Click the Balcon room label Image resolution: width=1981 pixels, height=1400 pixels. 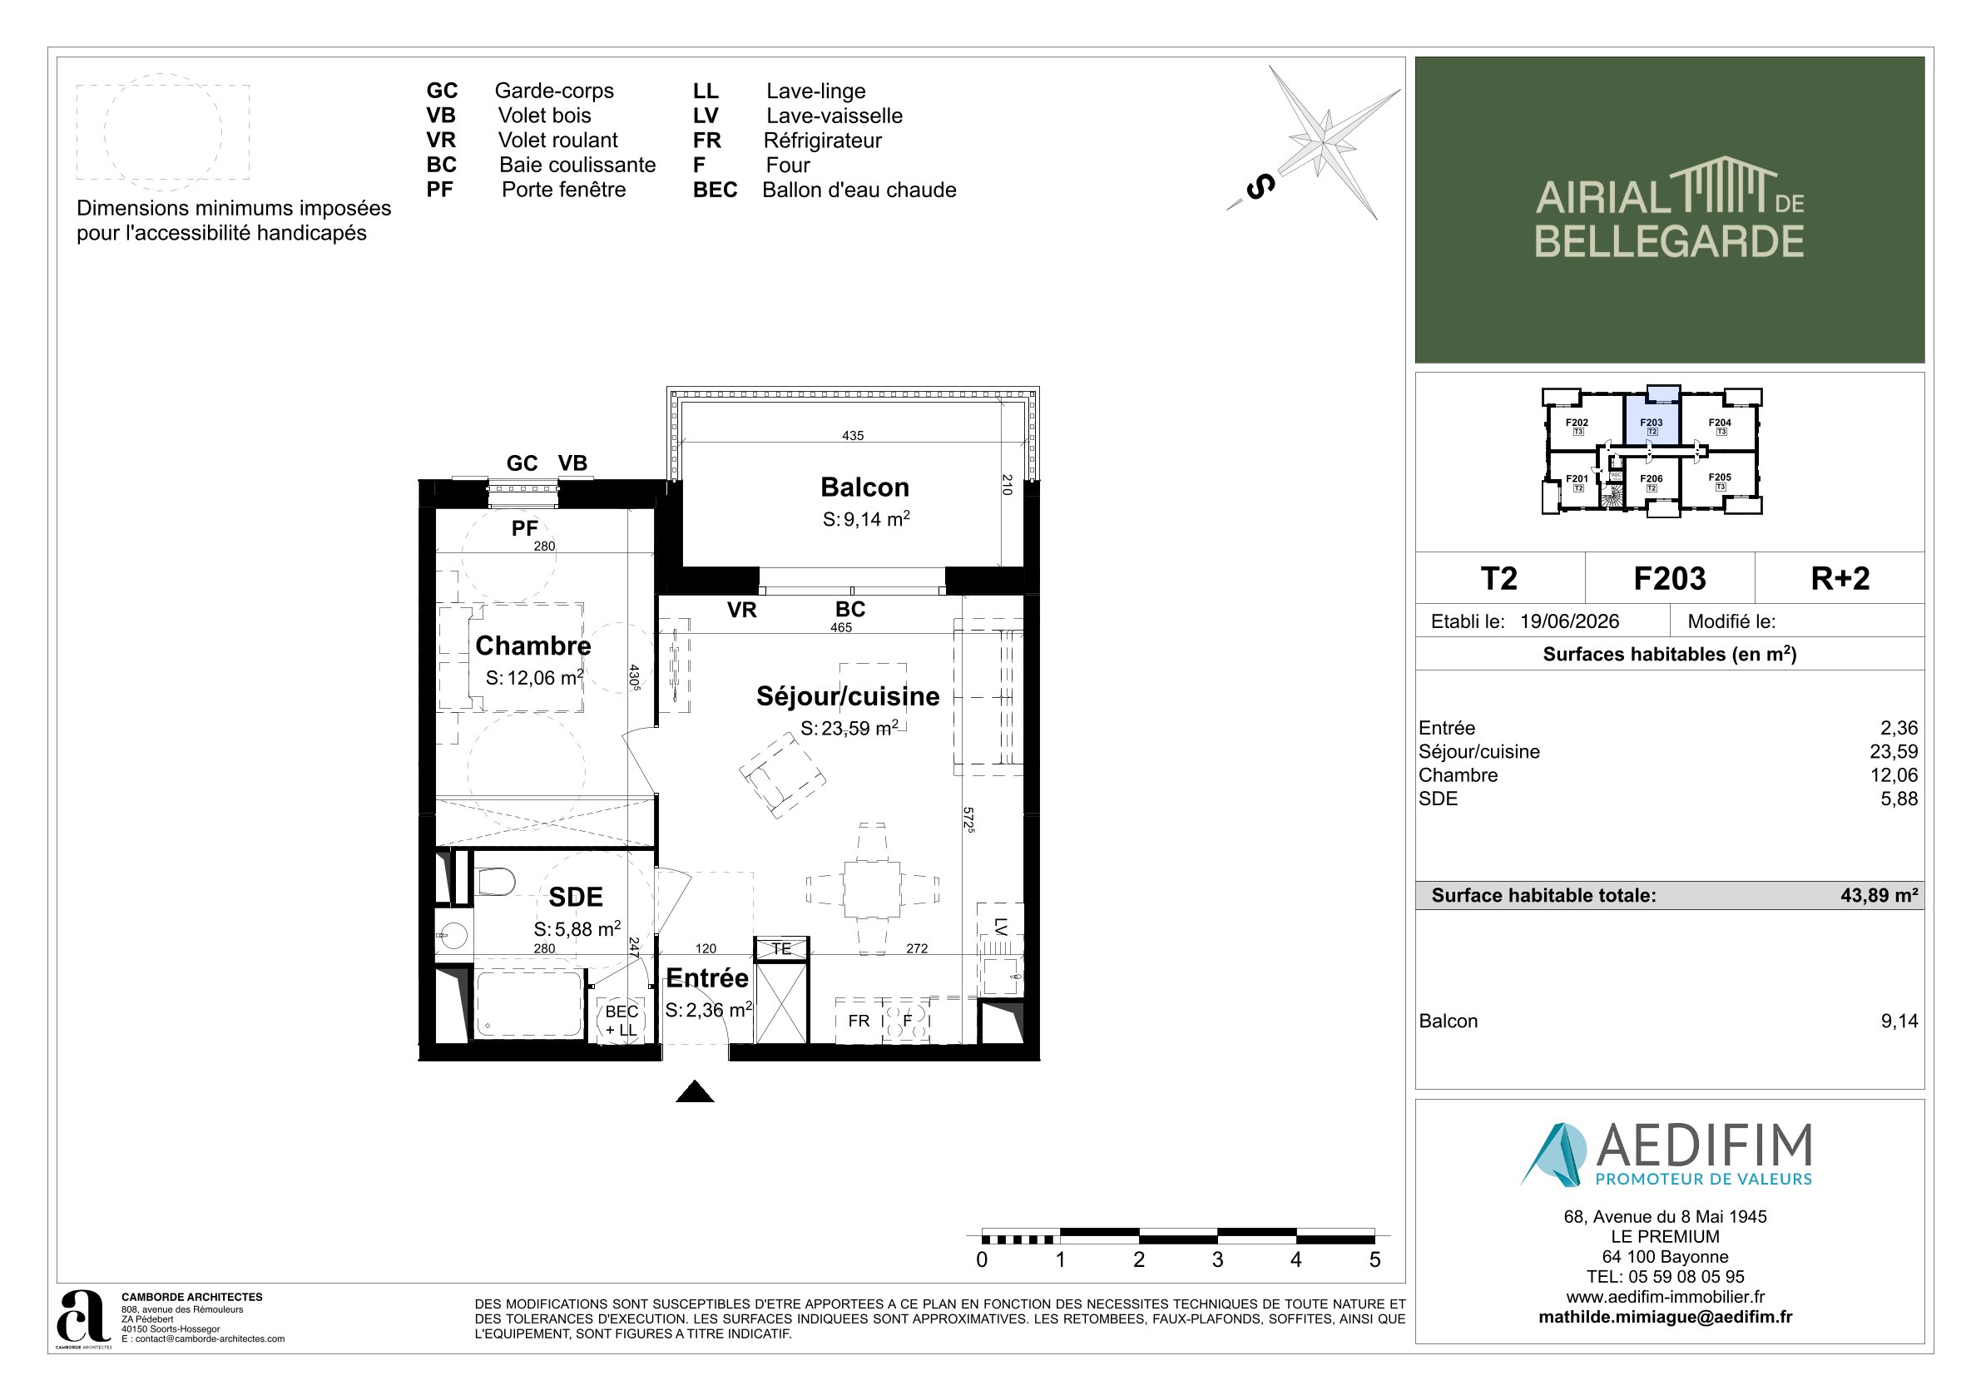[x=864, y=487]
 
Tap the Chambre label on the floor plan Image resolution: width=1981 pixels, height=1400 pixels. [x=533, y=646]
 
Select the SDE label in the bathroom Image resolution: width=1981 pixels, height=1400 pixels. [x=576, y=897]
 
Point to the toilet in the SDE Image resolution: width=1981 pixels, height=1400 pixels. [x=495, y=883]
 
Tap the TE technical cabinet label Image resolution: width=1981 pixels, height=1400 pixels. [x=781, y=949]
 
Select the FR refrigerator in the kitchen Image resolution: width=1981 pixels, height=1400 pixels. [x=859, y=1022]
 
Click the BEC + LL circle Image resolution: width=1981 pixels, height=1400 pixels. [x=622, y=1021]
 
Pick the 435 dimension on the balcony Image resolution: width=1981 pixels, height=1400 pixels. [x=853, y=436]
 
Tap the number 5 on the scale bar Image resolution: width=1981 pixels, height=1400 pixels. [x=1374, y=1259]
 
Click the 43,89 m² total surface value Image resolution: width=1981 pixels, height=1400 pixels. [x=1879, y=895]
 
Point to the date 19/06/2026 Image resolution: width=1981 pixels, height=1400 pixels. [x=1569, y=621]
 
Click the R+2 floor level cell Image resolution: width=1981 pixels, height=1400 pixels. [x=1840, y=578]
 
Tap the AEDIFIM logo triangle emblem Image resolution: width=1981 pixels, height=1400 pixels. [x=1553, y=1154]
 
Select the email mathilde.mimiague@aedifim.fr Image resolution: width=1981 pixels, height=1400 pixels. [x=1665, y=1317]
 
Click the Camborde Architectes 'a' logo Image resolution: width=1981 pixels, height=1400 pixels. [x=83, y=1316]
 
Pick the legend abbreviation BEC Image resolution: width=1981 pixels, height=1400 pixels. [x=716, y=190]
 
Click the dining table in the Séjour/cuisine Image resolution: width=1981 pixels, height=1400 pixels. [x=872, y=889]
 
